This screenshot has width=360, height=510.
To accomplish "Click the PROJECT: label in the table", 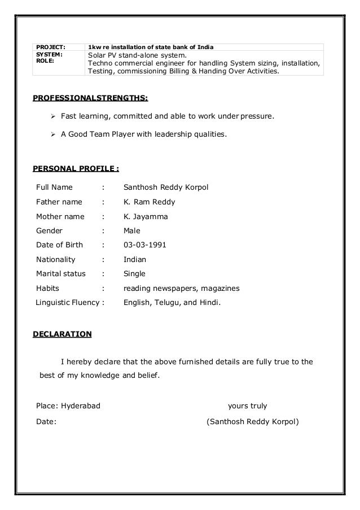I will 51,46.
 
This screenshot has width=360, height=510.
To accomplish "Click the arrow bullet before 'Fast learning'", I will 49,116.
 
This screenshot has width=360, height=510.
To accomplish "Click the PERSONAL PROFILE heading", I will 76,168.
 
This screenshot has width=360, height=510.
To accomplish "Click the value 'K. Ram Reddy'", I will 149,202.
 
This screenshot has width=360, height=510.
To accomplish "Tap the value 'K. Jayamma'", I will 146,216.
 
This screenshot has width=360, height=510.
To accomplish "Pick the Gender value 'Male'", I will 132,230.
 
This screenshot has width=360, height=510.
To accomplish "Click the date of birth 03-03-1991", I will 144,245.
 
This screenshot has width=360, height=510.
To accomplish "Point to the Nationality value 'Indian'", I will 135,260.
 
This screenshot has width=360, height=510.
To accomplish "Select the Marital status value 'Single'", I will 134,274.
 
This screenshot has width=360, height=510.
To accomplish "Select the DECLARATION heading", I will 62,334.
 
